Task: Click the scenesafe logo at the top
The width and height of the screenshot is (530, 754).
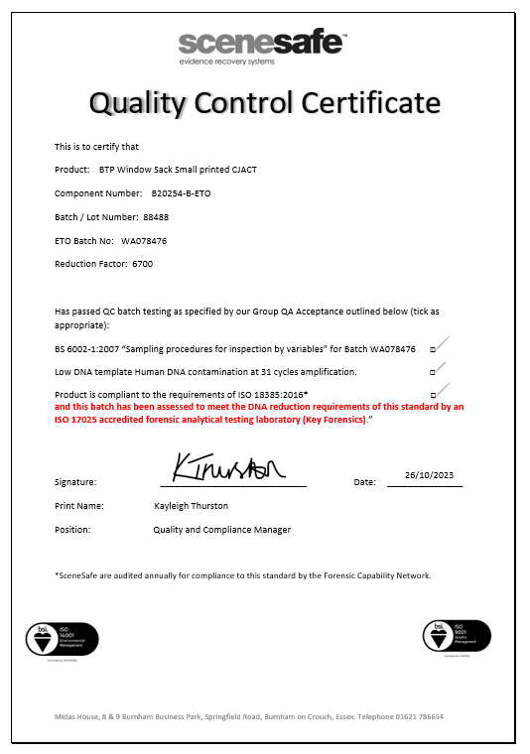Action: pyautogui.click(x=262, y=46)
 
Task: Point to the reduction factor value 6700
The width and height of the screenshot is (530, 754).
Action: pyautogui.click(x=142, y=264)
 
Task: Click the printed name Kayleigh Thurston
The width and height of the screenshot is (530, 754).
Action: pyautogui.click(x=191, y=506)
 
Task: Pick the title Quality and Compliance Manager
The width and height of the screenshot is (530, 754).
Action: pyautogui.click(x=221, y=530)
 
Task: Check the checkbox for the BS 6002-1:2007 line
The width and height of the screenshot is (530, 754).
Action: pyautogui.click(x=432, y=350)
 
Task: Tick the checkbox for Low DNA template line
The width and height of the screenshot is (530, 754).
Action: pyautogui.click(x=432, y=372)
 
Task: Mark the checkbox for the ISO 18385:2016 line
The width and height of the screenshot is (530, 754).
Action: pyautogui.click(x=432, y=394)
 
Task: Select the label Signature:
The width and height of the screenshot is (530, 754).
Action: pyautogui.click(x=75, y=482)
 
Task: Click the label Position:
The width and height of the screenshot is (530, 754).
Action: pyautogui.click(x=72, y=530)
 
